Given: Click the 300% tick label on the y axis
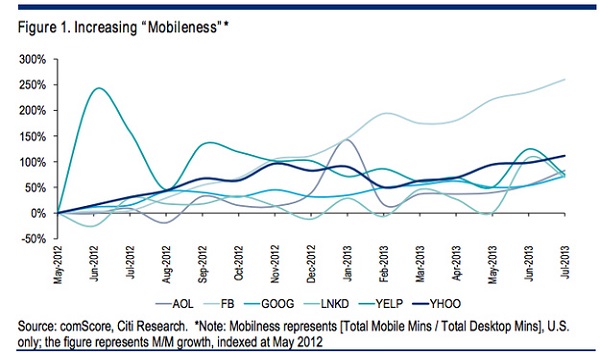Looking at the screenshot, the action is click(x=33, y=60).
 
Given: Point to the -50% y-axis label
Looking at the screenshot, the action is click(x=33, y=239).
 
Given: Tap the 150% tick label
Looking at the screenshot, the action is click(x=33, y=137).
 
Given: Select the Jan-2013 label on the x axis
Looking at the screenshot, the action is click(x=347, y=264).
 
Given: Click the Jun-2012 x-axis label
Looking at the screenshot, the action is click(x=94, y=264).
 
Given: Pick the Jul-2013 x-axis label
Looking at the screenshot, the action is click(x=565, y=262).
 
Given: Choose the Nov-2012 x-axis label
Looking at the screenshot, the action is click(x=275, y=264).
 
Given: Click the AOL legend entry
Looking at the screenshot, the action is click(x=174, y=304).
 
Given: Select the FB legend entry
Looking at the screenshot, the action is click(x=219, y=304).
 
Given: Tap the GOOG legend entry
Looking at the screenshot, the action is click(x=269, y=304).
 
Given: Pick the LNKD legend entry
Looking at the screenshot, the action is click(x=326, y=304).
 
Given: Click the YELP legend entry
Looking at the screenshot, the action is click(x=381, y=304).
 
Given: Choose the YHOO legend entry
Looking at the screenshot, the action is click(x=437, y=304).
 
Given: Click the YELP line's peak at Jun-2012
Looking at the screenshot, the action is click(x=98, y=88).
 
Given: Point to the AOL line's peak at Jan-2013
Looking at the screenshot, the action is click(x=346, y=140).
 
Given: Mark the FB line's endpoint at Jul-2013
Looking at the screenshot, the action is click(x=565, y=80).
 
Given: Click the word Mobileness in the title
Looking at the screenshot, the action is click(x=183, y=28).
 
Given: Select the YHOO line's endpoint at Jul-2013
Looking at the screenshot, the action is click(x=565, y=156).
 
